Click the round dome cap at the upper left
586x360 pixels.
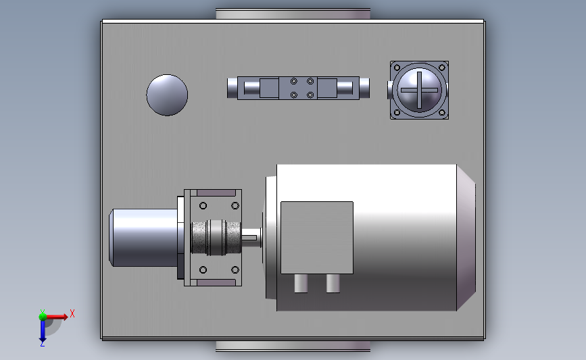click(x=167, y=95)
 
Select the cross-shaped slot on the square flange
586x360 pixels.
click(x=419, y=89)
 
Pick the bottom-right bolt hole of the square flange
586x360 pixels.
click(x=442, y=112)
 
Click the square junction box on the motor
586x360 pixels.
click(x=317, y=237)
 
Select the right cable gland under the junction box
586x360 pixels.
click(x=333, y=283)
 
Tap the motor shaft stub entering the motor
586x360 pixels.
click(x=252, y=237)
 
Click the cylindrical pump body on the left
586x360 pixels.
click(x=142, y=238)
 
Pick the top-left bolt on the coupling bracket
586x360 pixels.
click(x=203, y=205)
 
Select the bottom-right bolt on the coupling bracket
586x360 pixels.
click(x=235, y=270)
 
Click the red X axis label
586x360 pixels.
click(x=72, y=313)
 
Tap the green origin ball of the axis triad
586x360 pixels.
click(x=43, y=315)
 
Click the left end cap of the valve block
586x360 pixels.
click(x=232, y=88)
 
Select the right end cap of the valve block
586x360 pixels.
click(x=364, y=88)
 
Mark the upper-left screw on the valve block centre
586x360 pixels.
click(x=293, y=81)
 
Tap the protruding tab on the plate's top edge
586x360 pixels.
click(x=293, y=14)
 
